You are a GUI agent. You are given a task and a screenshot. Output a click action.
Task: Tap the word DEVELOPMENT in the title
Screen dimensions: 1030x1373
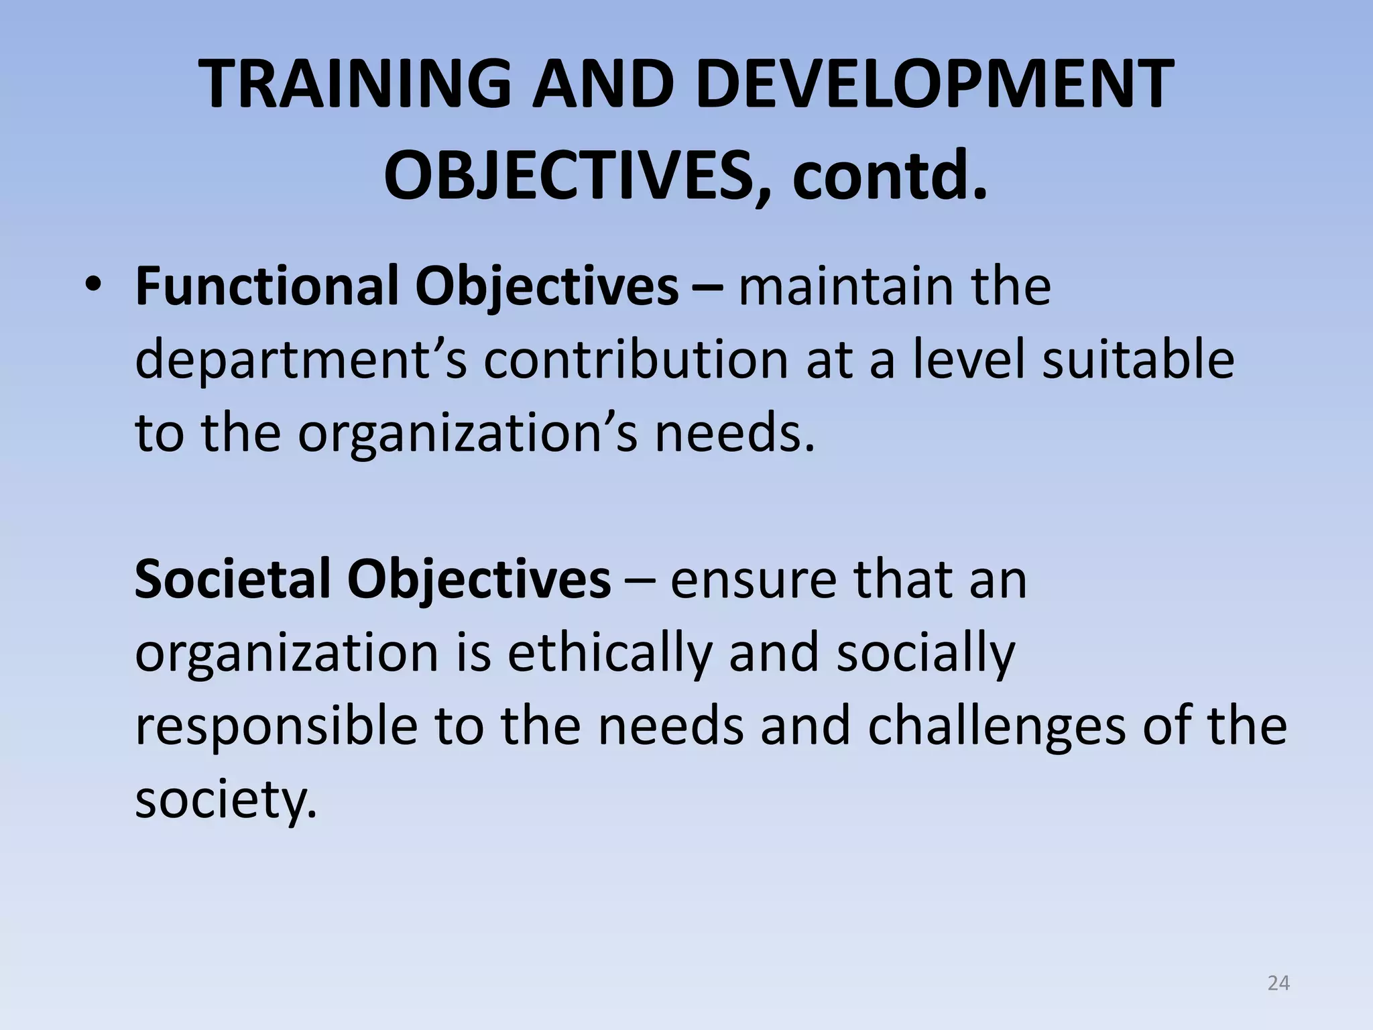pos(935,85)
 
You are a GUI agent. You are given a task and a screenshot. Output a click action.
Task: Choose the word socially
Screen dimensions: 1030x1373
pos(926,653)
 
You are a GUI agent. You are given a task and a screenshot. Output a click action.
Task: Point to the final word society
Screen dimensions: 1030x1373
pos(225,801)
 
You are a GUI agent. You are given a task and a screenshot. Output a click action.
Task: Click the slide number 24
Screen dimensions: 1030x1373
pos(1278,983)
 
